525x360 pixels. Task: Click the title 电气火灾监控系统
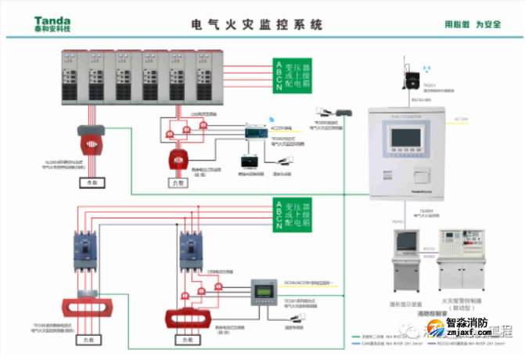tap(257, 24)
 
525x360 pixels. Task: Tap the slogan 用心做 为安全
tap(472, 24)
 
